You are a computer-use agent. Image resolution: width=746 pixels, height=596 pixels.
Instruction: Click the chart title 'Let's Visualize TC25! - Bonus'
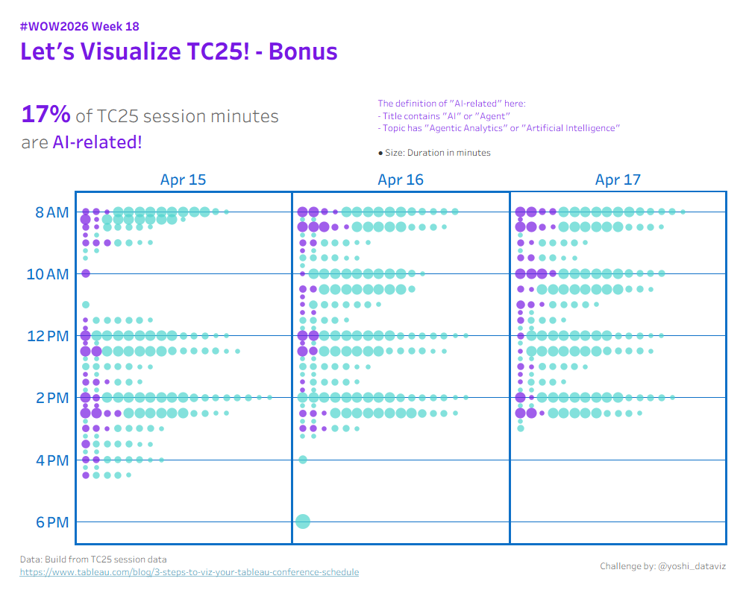click(179, 51)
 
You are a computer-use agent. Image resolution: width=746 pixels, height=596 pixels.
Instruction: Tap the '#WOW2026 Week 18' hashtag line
click(80, 27)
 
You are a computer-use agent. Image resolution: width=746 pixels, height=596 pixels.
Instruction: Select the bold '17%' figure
click(46, 115)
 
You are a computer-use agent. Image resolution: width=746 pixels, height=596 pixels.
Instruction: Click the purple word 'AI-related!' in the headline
click(97, 142)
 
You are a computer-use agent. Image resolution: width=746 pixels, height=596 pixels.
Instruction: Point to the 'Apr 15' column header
click(184, 180)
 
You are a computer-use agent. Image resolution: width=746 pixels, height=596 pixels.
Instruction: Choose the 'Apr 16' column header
click(401, 180)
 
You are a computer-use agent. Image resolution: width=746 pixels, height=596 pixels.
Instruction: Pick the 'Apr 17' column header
click(618, 180)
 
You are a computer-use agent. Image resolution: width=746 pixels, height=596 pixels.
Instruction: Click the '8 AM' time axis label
click(52, 212)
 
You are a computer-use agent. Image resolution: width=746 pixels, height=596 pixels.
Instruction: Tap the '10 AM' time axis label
click(48, 274)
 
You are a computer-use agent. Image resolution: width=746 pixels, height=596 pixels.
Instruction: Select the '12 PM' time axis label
click(48, 336)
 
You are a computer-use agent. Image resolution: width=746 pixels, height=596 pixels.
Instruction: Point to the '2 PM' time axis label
click(52, 398)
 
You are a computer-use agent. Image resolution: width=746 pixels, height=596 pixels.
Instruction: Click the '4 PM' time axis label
click(52, 460)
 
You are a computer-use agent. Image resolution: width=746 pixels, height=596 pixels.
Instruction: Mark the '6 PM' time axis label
click(52, 522)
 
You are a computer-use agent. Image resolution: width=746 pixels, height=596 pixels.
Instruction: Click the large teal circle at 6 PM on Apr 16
click(303, 521)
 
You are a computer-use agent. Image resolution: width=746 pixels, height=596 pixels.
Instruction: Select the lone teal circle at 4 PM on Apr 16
click(303, 460)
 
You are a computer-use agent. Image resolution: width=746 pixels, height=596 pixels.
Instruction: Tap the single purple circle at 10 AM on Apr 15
click(86, 273)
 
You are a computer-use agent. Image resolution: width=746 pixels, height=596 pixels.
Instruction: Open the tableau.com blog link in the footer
click(189, 572)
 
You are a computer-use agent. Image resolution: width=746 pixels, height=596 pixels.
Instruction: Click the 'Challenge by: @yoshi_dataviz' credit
click(662, 566)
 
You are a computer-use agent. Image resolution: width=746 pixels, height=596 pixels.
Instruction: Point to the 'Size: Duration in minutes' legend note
click(434, 153)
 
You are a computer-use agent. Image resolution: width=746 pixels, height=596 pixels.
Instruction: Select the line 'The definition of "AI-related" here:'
click(451, 103)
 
